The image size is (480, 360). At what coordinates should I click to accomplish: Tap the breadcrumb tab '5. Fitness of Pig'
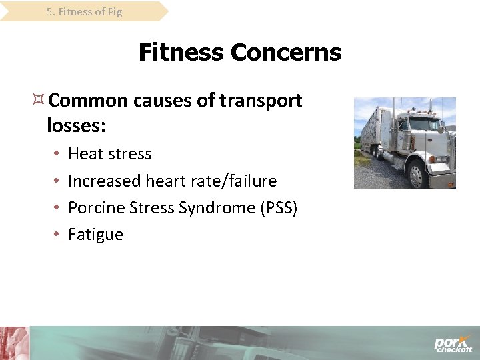click(x=84, y=11)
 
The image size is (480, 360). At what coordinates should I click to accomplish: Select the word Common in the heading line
click(x=88, y=101)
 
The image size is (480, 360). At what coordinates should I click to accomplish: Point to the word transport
click(x=261, y=101)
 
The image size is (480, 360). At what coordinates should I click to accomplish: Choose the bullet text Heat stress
click(x=110, y=154)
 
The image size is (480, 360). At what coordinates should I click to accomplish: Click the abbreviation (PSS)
click(x=278, y=208)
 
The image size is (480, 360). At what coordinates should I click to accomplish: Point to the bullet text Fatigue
click(x=96, y=235)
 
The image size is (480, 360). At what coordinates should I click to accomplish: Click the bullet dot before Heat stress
click(x=56, y=155)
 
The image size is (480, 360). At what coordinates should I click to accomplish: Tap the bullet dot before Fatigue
click(x=56, y=235)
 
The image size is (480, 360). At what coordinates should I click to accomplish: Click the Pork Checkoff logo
click(x=453, y=344)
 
